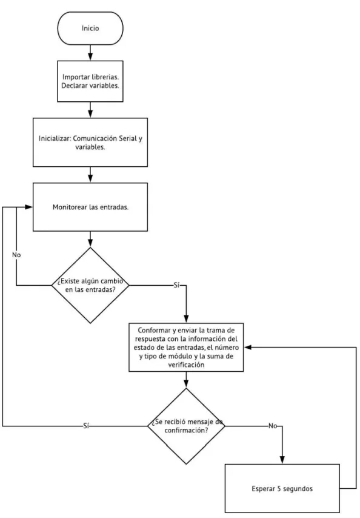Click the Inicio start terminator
(90, 29)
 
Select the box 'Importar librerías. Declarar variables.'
(90, 81)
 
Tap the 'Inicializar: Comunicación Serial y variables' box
(90, 143)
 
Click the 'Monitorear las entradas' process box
(90, 207)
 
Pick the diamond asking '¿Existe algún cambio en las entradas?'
(90, 286)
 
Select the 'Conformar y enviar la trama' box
(186, 348)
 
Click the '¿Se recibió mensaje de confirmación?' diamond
(186, 426)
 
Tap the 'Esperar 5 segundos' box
(282, 489)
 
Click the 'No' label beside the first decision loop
(16, 255)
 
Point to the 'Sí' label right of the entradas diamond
(176, 286)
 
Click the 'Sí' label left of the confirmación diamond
(86, 426)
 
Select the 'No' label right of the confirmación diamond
(273, 426)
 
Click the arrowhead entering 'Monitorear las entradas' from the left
(28, 207)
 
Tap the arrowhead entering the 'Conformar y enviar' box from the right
(248, 348)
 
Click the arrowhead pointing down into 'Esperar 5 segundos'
(282, 460)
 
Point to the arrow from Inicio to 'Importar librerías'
(90, 53)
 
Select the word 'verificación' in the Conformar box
(186, 365)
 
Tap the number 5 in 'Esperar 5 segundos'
(279, 489)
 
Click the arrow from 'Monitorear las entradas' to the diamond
(90, 239)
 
